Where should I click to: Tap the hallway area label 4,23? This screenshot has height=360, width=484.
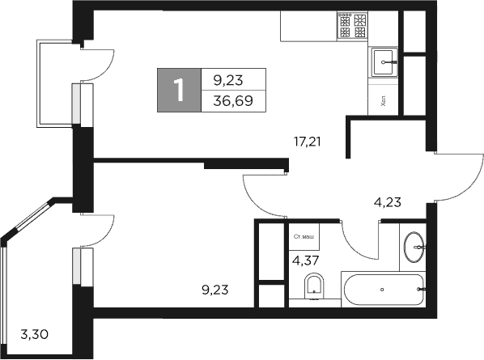coord(387,203)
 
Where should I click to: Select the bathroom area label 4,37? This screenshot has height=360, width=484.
coord(304,260)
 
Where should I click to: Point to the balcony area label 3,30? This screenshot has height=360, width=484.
coord(33,332)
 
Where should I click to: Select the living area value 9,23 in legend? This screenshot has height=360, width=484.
coord(227,79)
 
